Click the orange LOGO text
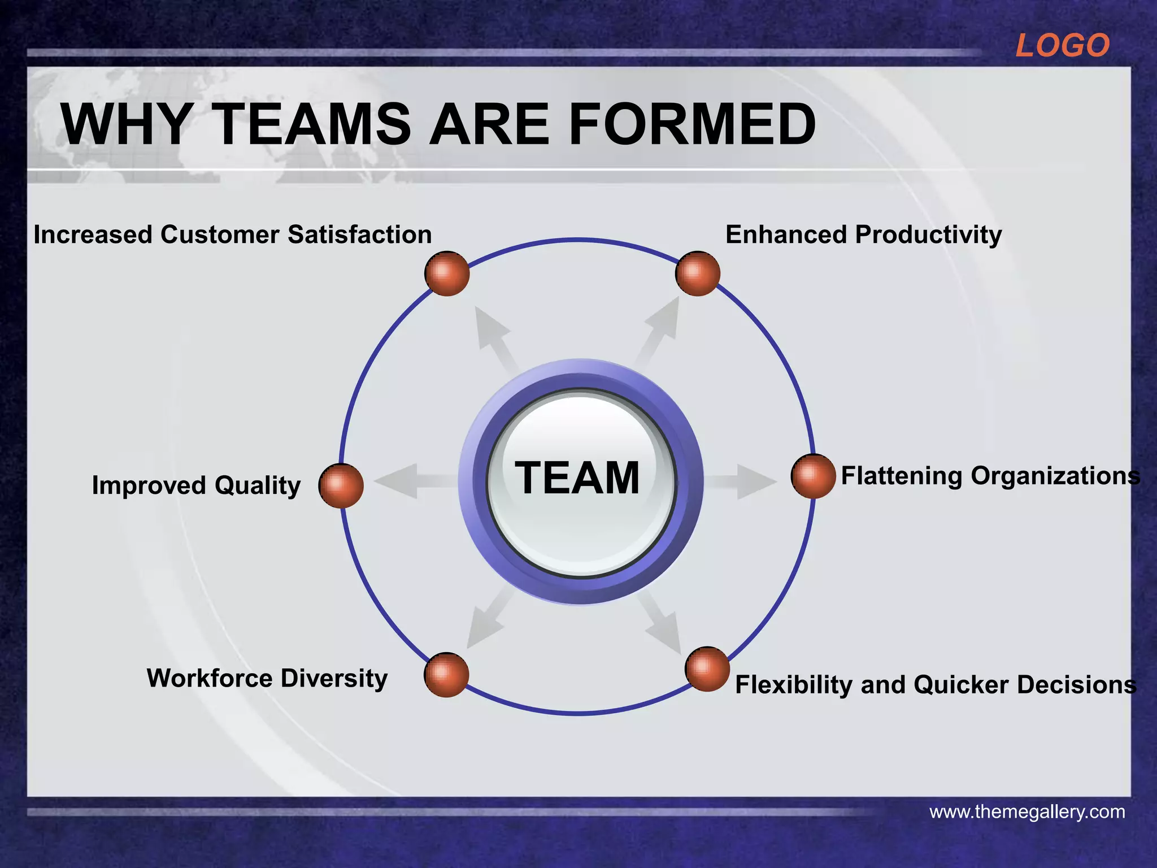1062,45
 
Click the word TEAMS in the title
314,124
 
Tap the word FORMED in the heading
691,124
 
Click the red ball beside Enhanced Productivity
698,274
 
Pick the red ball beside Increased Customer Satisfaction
447,274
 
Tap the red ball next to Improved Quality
341,485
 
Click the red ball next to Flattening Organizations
813,476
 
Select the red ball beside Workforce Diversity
446,675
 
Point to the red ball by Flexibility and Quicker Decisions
707,669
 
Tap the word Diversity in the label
334,678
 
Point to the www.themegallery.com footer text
1027,812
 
